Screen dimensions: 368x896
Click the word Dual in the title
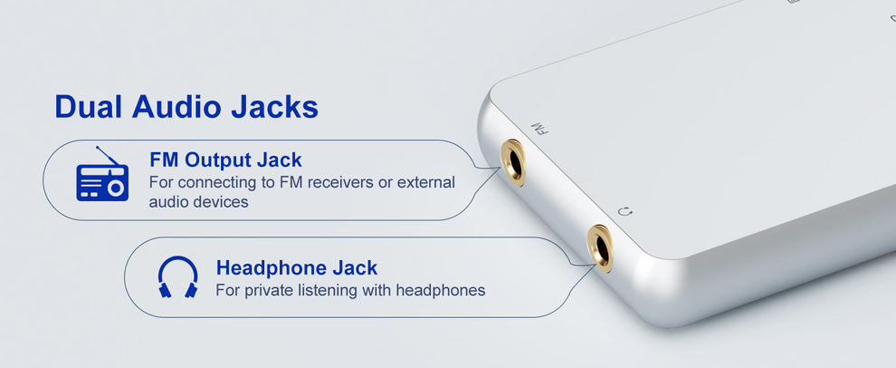click(x=90, y=107)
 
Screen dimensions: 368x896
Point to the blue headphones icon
click(x=177, y=276)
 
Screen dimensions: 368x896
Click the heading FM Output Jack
click(x=225, y=160)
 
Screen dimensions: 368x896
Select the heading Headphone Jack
click(x=296, y=268)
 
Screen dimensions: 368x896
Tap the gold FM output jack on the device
click(x=513, y=162)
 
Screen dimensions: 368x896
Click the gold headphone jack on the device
click(x=599, y=247)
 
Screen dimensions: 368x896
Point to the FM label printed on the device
click(x=539, y=128)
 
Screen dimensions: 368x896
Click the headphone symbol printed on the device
click(x=624, y=212)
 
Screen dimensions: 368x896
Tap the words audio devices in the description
click(x=198, y=201)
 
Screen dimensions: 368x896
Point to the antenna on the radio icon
click(x=109, y=155)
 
